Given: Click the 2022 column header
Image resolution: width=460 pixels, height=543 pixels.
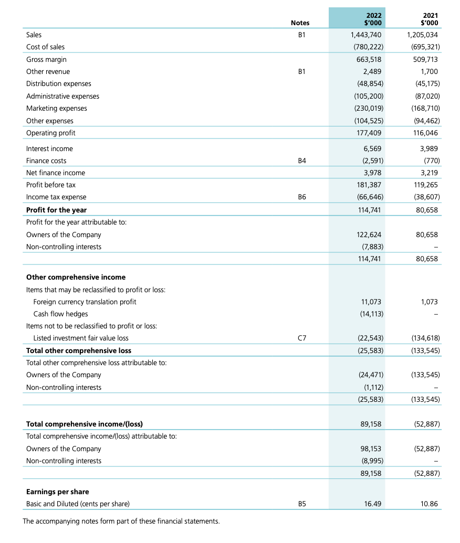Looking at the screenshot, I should [x=372, y=18].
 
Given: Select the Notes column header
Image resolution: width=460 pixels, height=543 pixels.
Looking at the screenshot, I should [x=300, y=23].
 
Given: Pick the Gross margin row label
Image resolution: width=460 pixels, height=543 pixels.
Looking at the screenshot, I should [x=46, y=59].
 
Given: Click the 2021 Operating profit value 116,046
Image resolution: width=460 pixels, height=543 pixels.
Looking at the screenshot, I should [x=424, y=133].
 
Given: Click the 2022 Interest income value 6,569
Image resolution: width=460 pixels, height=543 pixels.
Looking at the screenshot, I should [x=372, y=148].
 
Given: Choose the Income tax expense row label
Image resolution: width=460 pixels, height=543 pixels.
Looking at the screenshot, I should [x=56, y=197].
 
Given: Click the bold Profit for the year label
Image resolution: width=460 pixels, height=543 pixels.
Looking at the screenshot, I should [x=56, y=210].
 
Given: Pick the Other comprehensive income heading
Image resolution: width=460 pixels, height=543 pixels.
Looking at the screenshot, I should [x=76, y=277].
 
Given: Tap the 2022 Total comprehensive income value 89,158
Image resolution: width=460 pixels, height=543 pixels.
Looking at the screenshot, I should [x=372, y=424].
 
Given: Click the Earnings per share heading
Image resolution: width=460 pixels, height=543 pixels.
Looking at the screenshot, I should [x=57, y=492].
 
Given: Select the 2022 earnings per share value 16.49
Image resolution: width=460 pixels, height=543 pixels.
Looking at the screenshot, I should [x=372, y=504].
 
